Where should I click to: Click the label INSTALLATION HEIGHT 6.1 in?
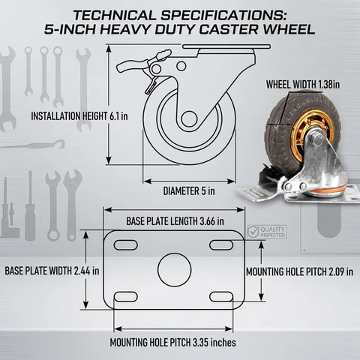(x=79, y=116)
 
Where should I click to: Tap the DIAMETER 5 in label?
(x=189, y=191)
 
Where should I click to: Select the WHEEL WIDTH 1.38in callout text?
(x=303, y=85)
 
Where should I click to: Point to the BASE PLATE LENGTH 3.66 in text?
(x=175, y=221)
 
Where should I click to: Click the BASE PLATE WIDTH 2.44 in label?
(x=52, y=271)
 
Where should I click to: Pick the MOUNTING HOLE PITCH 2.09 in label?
(x=300, y=271)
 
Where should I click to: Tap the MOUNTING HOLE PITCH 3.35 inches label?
(x=172, y=342)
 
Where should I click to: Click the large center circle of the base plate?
(x=175, y=269)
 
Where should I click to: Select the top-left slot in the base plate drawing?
(x=126, y=244)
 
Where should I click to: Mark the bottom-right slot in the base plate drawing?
(x=221, y=297)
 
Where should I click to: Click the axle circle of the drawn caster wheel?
(x=189, y=118)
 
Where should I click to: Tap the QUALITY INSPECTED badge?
(x=266, y=232)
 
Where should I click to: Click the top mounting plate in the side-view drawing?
(x=226, y=46)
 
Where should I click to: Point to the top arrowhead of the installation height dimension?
(x=109, y=48)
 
